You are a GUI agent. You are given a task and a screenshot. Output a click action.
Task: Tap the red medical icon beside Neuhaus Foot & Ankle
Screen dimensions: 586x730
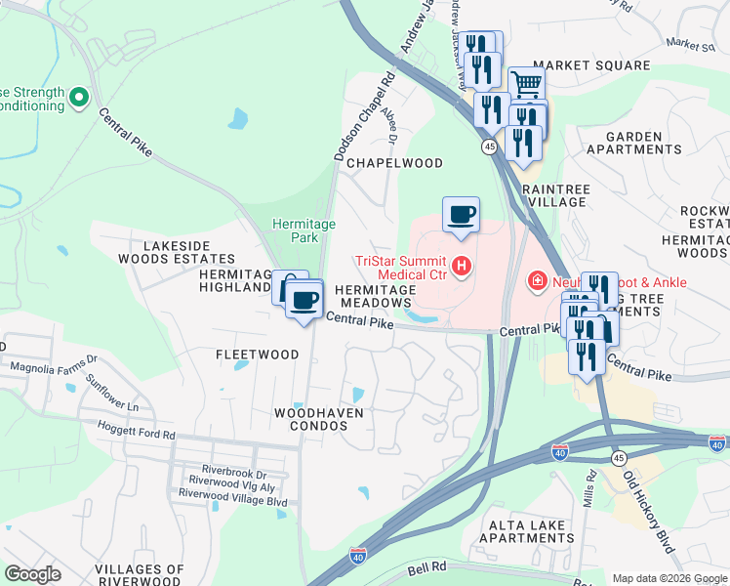pyautogui.click(x=537, y=282)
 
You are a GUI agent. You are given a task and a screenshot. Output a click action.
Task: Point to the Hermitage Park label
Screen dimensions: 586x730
pyautogui.click(x=304, y=230)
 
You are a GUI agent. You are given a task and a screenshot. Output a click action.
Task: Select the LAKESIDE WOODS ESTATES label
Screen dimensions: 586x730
pyautogui.click(x=177, y=252)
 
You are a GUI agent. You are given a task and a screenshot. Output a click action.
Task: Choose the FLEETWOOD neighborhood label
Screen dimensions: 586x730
pyautogui.click(x=258, y=355)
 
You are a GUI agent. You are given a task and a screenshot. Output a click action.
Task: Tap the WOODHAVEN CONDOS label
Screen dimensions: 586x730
pyautogui.click(x=318, y=420)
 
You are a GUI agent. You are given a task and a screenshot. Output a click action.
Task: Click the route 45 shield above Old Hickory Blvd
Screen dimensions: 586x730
pyautogui.click(x=619, y=458)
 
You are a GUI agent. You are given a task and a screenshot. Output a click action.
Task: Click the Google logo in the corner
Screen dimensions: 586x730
pyautogui.click(x=33, y=573)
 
